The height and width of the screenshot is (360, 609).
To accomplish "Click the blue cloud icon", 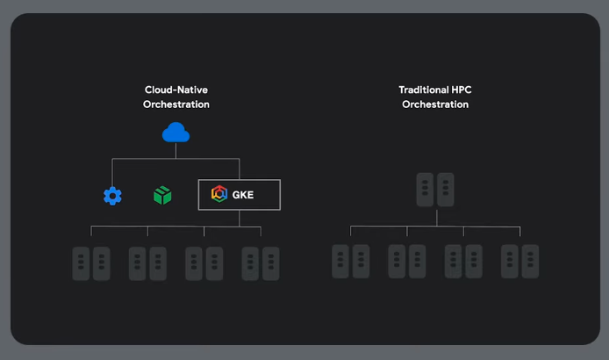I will click(x=176, y=133).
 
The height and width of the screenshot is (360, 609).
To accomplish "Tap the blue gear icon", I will click(x=112, y=196).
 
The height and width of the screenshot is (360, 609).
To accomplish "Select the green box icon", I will click(x=161, y=195).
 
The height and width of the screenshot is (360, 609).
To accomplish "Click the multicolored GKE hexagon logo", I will click(x=219, y=195).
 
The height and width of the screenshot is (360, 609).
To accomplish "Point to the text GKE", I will click(x=243, y=195).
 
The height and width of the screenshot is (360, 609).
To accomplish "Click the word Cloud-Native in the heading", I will click(x=176, y=90).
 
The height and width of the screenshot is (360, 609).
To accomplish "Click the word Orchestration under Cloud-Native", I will click(x=176, y=104).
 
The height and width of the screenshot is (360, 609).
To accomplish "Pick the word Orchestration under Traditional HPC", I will click(x=435, y=104).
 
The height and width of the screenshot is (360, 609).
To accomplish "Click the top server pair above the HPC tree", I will click(x=435, y=190).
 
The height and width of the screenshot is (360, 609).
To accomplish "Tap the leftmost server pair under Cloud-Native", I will click(x=91, y=263).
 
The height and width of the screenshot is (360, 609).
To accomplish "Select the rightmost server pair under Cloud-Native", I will click(x=261, y=263).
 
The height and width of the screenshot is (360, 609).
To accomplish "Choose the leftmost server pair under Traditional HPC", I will click(x=351, y=262).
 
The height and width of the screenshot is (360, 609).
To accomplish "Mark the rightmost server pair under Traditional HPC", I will click(x=520, y=262).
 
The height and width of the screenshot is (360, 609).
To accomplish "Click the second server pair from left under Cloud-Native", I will click(x=147, y=263).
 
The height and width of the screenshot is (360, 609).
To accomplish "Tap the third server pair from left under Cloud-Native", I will click(x=204, y=263).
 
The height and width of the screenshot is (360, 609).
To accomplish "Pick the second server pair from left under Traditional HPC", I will click(x=407, y=262).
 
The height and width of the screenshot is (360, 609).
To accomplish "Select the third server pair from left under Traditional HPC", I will click(x=463, y=262).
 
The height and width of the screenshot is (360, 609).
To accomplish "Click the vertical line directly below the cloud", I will click(x=176, y=151).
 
